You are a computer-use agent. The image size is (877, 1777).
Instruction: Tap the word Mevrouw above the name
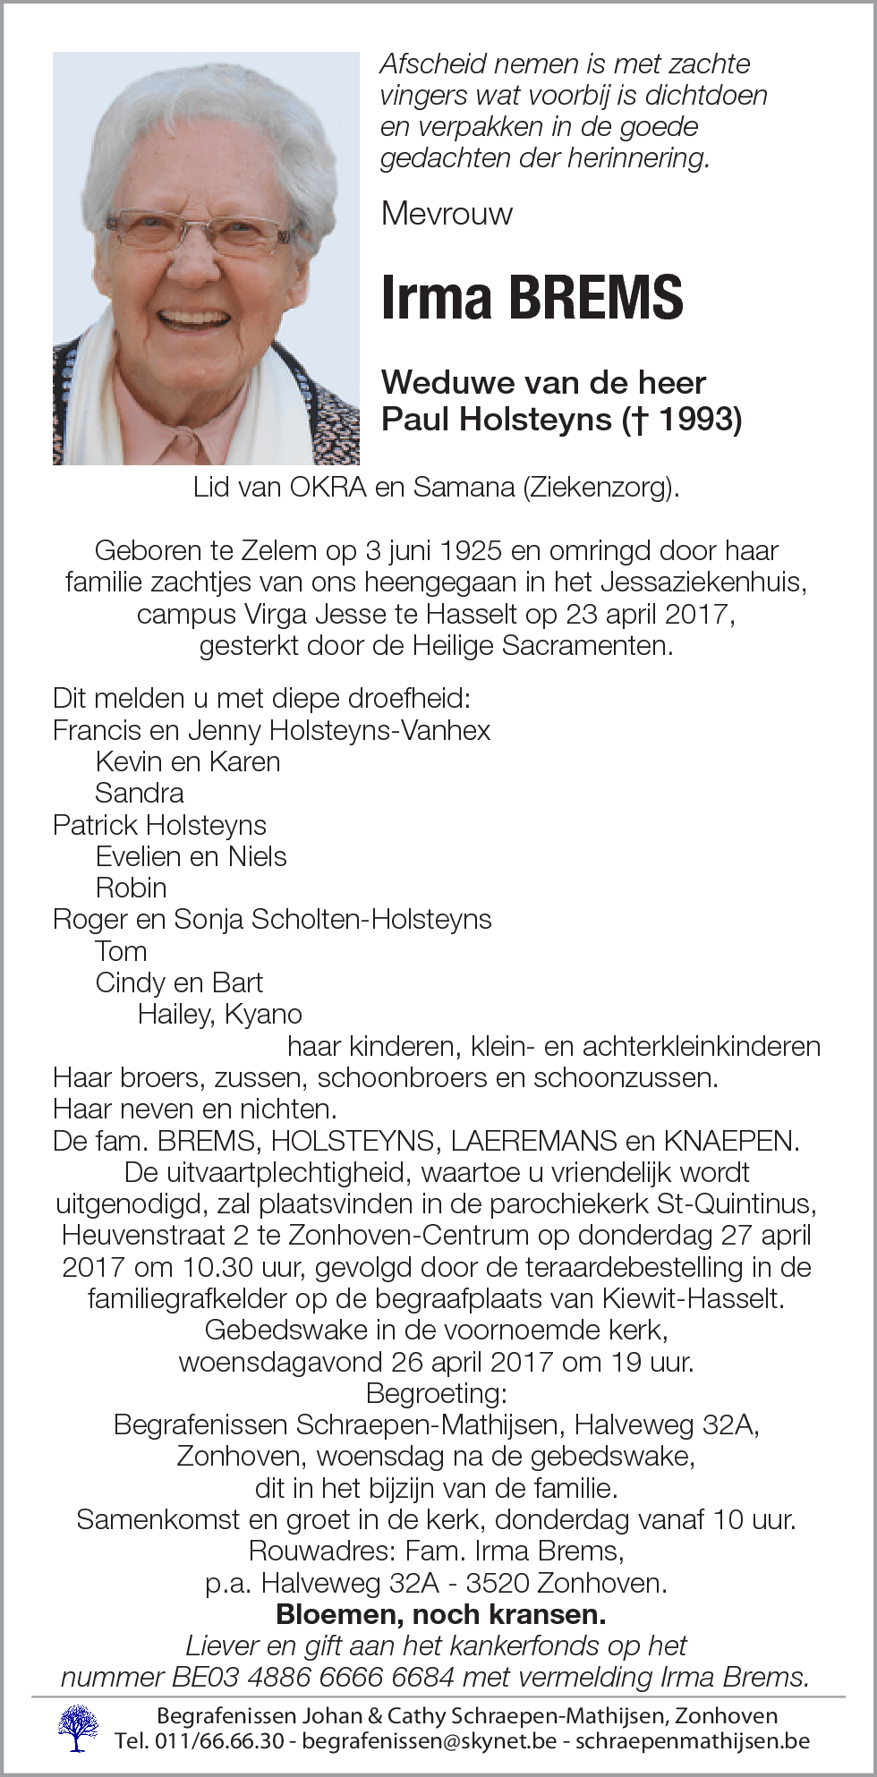(447, 213)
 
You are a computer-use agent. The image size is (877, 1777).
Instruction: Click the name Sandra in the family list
(140, 793)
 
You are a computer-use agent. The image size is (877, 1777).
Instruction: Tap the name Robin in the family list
(132, 888)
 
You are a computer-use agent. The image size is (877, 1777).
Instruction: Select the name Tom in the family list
(121, 951)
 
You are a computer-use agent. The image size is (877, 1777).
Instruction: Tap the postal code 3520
(494, 1583)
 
